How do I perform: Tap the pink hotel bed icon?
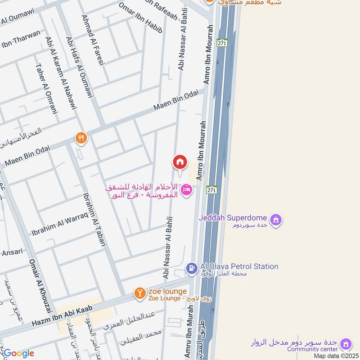click(x=185, y=191)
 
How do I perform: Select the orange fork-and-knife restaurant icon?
click(x=81, y=138)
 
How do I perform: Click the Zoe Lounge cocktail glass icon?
click(x=140, y=293)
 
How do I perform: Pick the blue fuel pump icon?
click(x=192, y=269)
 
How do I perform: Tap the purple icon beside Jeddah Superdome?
click(x=277, y=220)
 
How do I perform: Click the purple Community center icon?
click(x=346, y=344)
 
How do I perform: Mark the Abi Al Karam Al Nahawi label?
click(x=61, y=73)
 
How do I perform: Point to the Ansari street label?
click(x=12, y=252)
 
